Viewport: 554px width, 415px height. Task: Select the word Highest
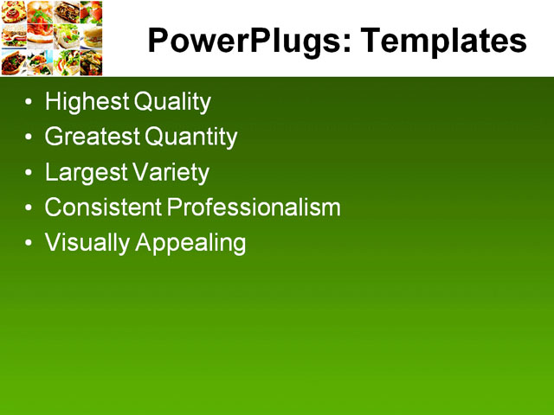click(x=87, y=102)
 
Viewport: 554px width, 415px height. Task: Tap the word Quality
click(x=172, y=102)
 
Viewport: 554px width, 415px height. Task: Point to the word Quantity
click(x=191, y=137)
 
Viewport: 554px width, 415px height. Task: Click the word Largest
click(x=85, y=172)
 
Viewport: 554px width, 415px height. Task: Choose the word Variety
click(x=171, y=172)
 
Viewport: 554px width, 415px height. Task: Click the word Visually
click(x=87, y=243)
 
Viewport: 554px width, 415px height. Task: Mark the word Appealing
click(x=191, y=243)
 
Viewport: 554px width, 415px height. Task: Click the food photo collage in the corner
click(x=52, y=38)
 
